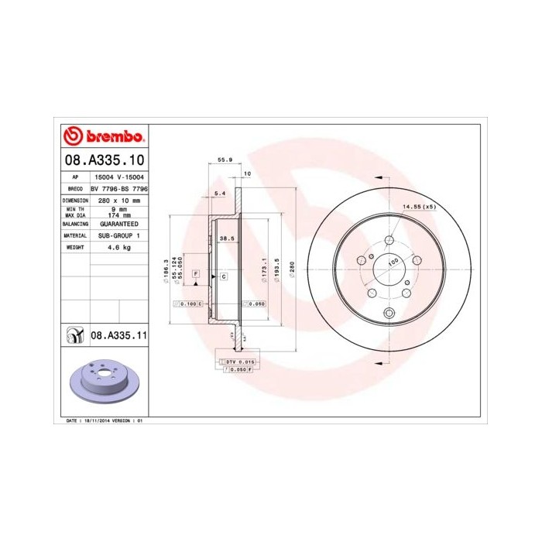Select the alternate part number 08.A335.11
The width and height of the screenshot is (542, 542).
click(119, 335)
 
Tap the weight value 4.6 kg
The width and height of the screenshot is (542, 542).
click(119, 247)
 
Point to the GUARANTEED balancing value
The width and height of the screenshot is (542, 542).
click(119, 223)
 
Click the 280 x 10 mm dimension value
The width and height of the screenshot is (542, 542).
click(119, 200)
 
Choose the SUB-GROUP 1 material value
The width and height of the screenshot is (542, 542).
click(119, 235)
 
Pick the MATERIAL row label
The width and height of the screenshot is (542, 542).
click(75, 235)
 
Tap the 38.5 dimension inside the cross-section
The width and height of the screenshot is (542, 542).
click(227, 238)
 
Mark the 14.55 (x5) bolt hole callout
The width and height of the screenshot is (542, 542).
click(418, 207)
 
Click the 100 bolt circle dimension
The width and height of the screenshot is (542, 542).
click(393, 262)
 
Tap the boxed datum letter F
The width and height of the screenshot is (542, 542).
click(196, 275)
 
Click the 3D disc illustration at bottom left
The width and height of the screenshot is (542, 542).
click(105, 381)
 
